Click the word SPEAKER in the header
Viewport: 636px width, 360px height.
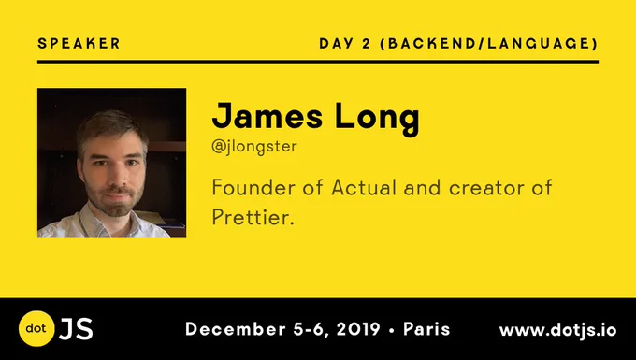click(x=79, y=43)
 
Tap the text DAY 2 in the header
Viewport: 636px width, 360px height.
click(x=345, y=43)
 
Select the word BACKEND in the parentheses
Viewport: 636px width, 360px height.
click(x=431, y=43)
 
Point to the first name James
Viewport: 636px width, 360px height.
click(x=267, y=116)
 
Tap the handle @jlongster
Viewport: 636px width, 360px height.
click(x=254, y=147)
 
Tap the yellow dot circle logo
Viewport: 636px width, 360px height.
click(x=36, y=329)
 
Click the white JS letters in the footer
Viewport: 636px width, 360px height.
click(x=76, y=329)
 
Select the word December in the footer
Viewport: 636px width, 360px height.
click(x=236, y=329)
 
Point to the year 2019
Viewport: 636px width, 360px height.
click(x=358, y=329)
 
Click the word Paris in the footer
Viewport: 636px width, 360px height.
click(x=426, y=329)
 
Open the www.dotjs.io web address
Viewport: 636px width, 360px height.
click(x=558, y=330)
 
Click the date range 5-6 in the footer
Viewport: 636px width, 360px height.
click(x=309, y=329)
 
